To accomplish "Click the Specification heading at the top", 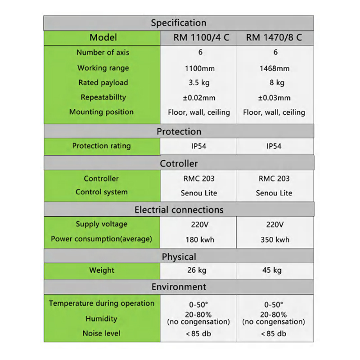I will (179, 23).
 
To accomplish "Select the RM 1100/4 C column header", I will (201, 38).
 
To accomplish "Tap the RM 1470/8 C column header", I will (274, 38).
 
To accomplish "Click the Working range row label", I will (103, 68).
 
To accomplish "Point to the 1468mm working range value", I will (274, 69).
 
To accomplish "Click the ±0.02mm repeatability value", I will (199, 98).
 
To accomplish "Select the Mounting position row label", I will (101, 112).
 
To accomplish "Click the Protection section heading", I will (179, 131).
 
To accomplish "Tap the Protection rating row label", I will (101, 146).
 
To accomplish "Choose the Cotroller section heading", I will (179, 164).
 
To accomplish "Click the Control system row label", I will (101, 192).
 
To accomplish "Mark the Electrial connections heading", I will (179, 210).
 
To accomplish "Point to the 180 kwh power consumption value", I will (199, 239).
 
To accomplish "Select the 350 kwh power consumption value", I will (274, 239).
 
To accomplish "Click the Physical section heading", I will (179, 257).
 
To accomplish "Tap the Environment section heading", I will (179, 287).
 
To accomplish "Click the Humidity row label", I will (101, 319).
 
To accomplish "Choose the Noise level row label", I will (101, 333).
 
